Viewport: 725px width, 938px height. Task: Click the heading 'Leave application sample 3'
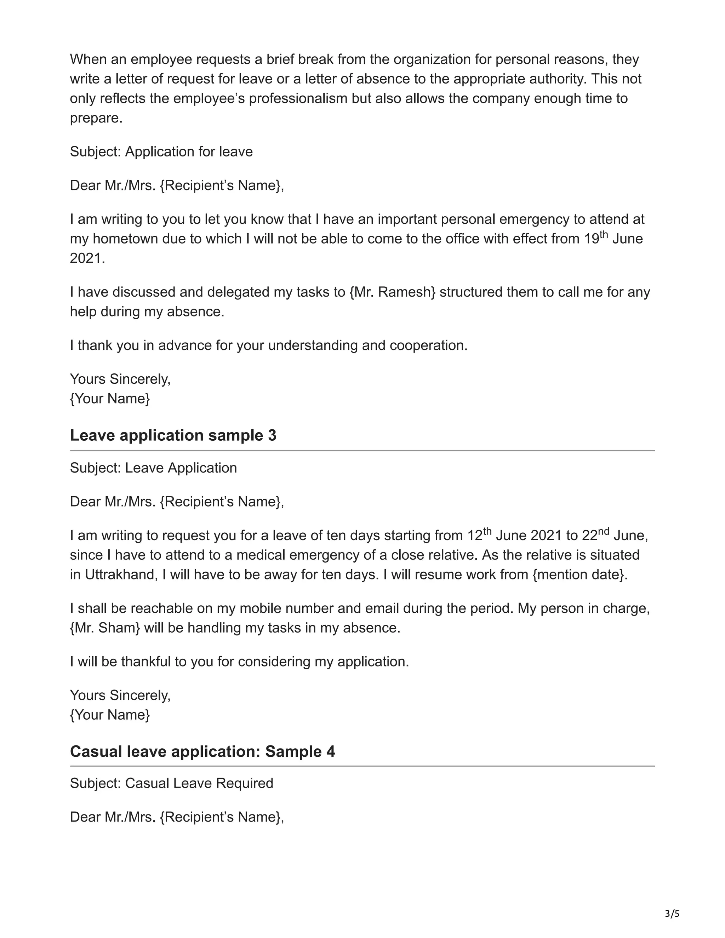pyautogui.click(x=173, y=435)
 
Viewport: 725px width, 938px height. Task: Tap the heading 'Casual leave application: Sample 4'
pyautogui.click(x=202, y=751)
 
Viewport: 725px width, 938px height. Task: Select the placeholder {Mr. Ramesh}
pyautogui.click(x=393, y=292)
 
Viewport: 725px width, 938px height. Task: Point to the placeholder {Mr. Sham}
pyautogui.click(x=105, y=628)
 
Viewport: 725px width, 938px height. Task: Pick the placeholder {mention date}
pyautogui.click(x=580, y=574)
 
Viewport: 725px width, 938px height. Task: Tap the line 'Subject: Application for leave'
pyautogui.click(x=161, y=151)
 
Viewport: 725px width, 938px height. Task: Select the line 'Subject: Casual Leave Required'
pyautogui.click(x=172, y=783)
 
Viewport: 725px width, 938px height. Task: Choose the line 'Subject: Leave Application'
pyautogui.click(x=153, y=468)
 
